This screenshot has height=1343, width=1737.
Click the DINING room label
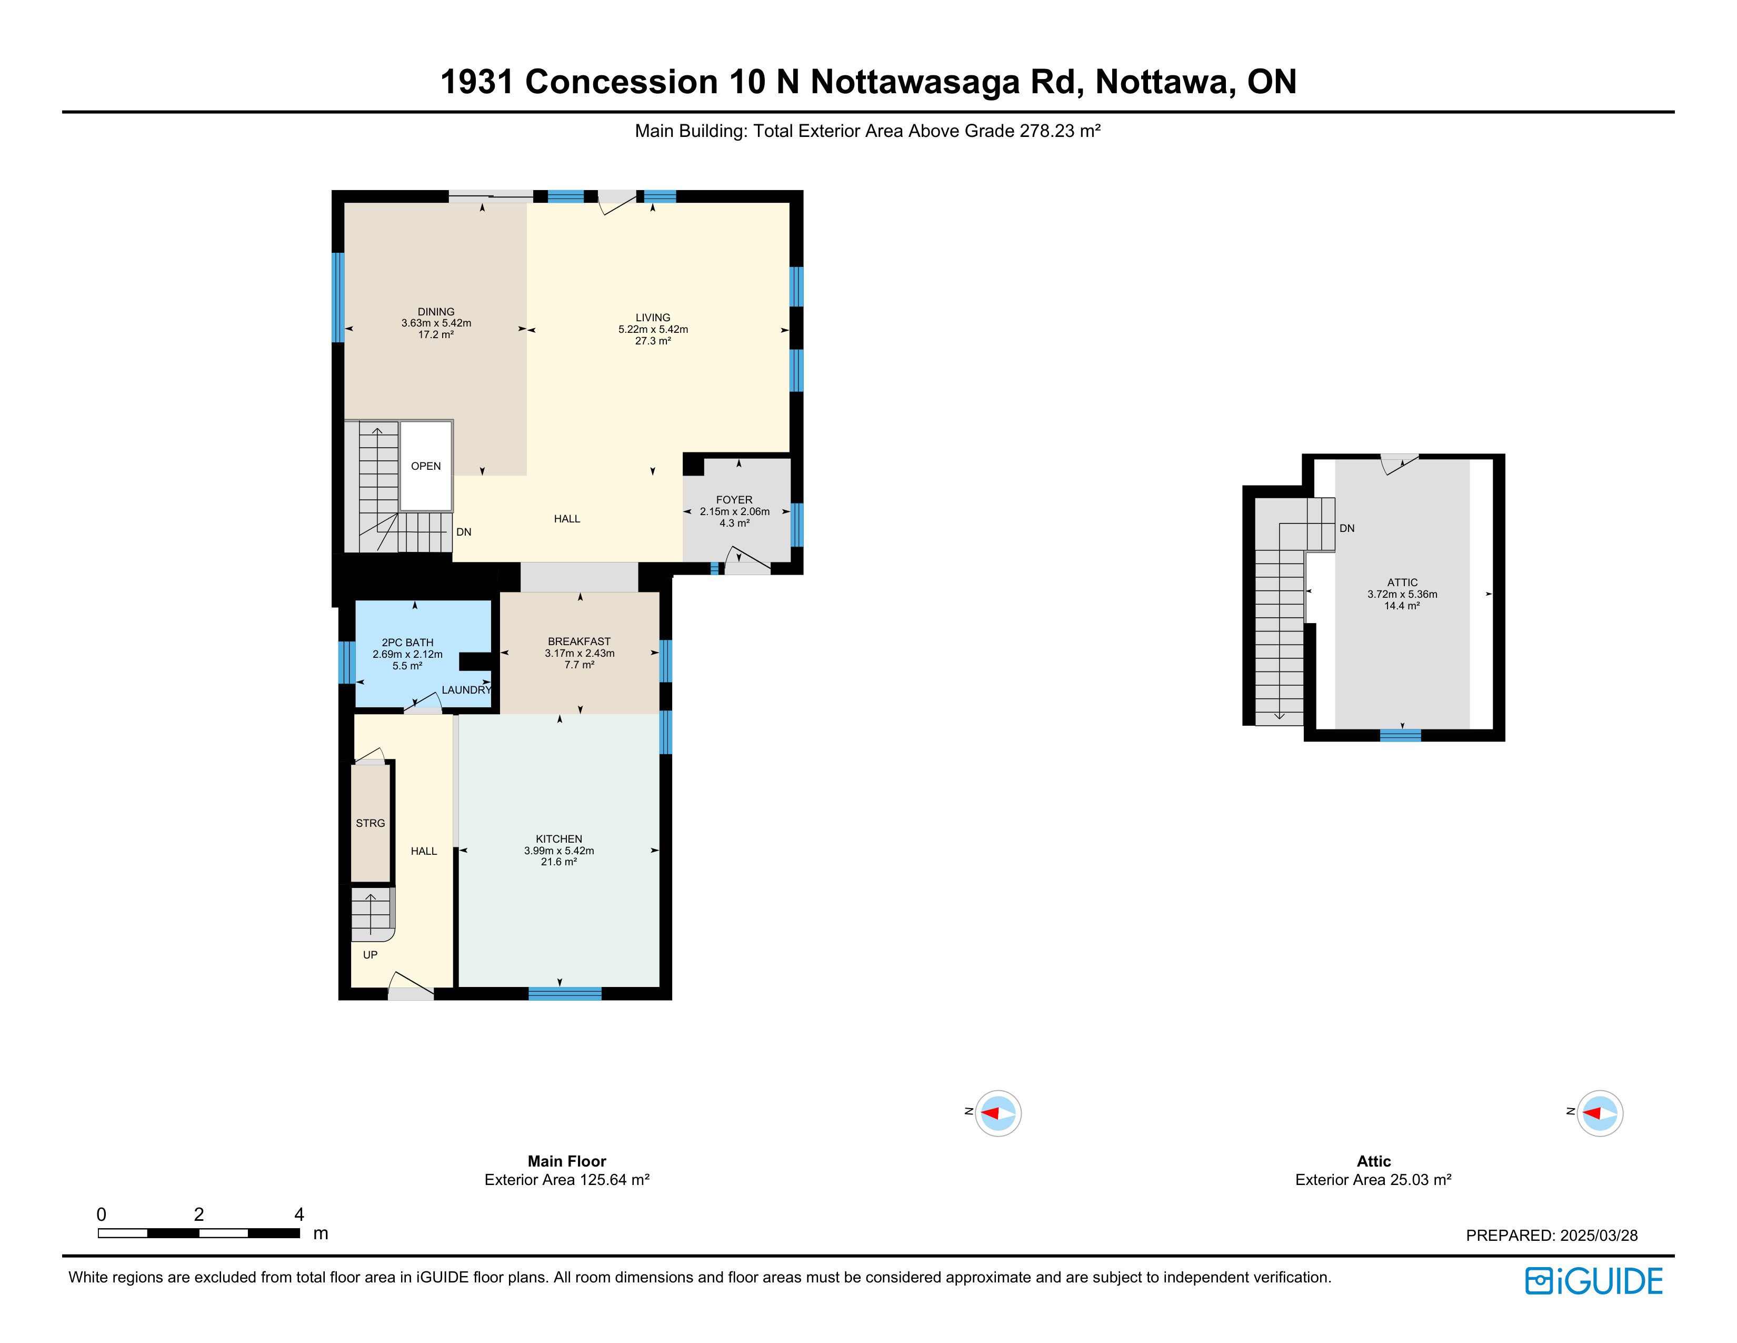click(x=436, y=312)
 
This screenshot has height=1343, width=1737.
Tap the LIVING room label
click(x=653, y=318)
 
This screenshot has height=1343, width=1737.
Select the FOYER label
click(x=734, y=500)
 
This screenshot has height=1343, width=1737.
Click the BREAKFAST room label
click(x=579, y=641)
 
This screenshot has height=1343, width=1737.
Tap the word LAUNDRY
click(x=467, y=690)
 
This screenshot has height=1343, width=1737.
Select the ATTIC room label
click(x=1402, y=582)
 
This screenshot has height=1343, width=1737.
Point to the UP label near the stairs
click(x=370, y=955)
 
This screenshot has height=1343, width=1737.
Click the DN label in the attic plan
click(x=1346, y=528)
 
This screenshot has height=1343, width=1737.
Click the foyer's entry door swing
click(x=747, y=560)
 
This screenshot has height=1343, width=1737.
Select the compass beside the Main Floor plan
click(x=997, y=1113)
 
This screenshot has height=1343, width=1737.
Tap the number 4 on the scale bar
click(x=299, y=1214)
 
